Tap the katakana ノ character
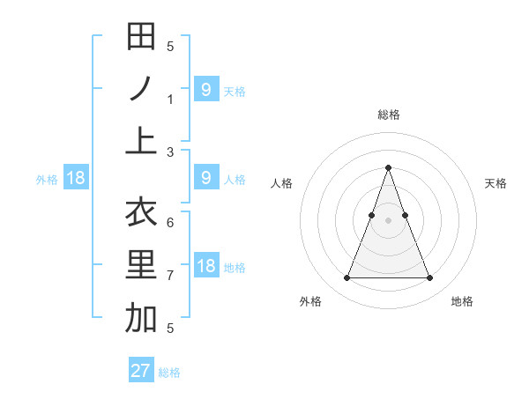click(x=141, y=89)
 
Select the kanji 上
click(x=141, y=141)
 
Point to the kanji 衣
click(x=141, y=212)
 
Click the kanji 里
click(x=141, y=265)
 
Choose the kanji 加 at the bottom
click(x=141, y=318)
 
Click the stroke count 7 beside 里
click(x=171, y=276)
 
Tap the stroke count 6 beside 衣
click(x=170, y=223)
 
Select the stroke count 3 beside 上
click(x=171, y=152)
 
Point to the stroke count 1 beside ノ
click(x=171, y=100)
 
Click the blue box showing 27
click(x=141, y=370)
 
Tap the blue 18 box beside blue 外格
click(x=75, y=178)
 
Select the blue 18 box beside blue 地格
click(x=206, y=266)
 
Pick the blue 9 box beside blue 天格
click(x=206, y=89)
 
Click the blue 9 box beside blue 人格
click(x=206, y=178)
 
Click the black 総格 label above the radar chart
click(x=388, y=115)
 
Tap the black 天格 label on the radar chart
click(x=495, y=183)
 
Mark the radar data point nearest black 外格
click(x=346, y=278)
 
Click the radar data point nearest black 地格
click(x=429, y=278)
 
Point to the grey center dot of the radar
click(x=388, y=220)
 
